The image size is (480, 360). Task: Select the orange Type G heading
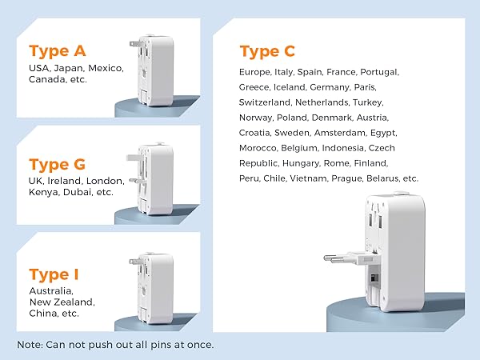coord(58,165)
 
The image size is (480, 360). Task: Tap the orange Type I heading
coord(54,274)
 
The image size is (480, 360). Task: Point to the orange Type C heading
coord(267,51)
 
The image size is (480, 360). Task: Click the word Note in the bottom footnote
coord(30,344)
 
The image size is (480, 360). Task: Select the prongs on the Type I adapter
coord(133,261)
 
